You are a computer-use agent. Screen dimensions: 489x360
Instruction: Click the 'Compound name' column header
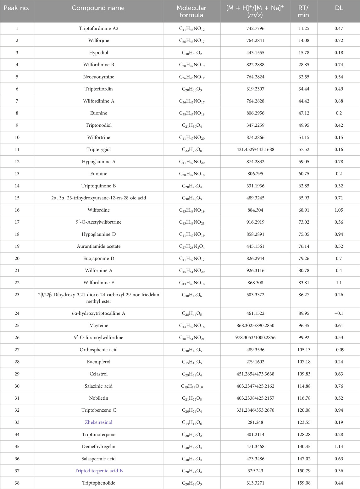[98, 8]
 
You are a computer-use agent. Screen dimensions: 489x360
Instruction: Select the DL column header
[339, 8]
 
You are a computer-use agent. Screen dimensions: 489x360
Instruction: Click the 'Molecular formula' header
[191, 11]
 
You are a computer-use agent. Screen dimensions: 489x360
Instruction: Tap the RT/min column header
[303, 11]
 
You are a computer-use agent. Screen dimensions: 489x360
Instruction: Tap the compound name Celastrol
[98, 374]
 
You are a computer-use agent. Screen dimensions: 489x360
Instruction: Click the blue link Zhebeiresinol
[98, 422]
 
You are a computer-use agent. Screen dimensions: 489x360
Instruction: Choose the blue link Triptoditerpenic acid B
[98, 471]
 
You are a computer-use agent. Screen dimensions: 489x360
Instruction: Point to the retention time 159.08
[304, 483]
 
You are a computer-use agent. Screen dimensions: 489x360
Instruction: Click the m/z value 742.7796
[255, 29]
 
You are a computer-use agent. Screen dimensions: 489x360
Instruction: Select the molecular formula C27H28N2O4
[191, 247]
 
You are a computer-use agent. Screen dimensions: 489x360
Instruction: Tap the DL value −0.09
[339, 350]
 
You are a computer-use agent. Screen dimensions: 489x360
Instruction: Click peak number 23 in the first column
[17, 295]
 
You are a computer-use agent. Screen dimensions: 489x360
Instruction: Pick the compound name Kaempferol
[98, 362]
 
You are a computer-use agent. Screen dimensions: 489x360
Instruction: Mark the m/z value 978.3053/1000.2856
[255, 337]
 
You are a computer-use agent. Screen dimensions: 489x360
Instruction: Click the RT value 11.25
[304, 29]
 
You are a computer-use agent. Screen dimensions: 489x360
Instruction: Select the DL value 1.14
[339, 447]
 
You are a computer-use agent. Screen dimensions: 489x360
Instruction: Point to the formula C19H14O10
[191, 386]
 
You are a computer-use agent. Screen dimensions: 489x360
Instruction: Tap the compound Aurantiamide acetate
[98, 246]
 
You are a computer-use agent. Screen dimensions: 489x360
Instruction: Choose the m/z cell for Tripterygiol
[255, 149]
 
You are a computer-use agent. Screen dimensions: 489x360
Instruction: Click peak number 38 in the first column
[17, 483]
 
